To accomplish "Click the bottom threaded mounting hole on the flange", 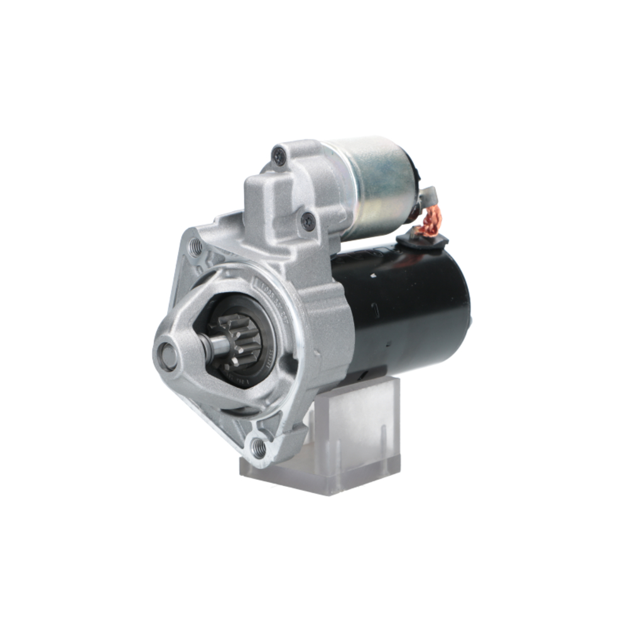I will [x=258, y=447].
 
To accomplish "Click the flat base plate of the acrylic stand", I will [x=320, y=477].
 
